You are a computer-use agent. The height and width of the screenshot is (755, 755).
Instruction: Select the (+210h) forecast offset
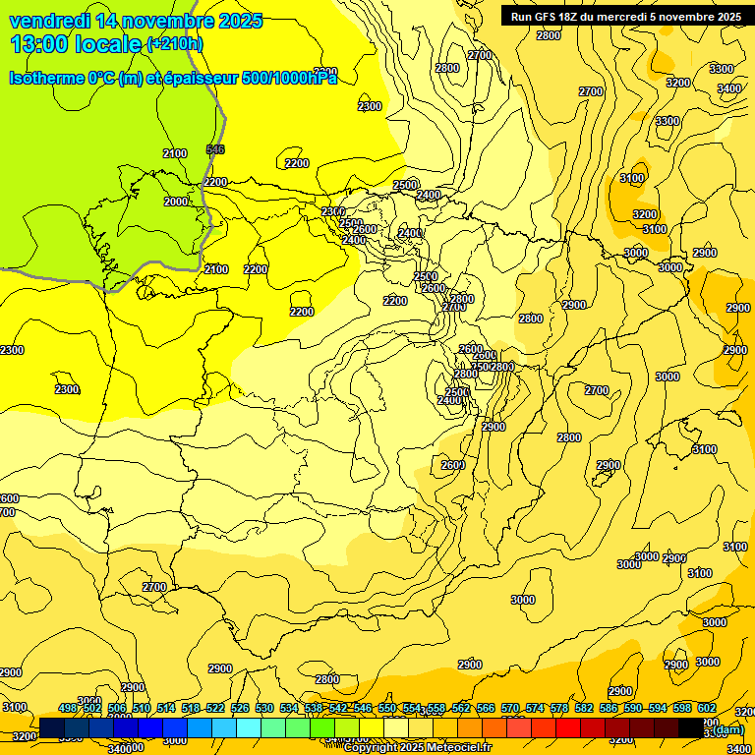pos(174,44)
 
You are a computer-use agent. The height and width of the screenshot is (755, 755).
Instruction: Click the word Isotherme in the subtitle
pos(45,78)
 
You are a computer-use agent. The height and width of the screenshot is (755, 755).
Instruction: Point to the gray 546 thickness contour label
pos(215,149)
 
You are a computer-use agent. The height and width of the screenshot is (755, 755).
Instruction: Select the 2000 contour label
pos(175,202)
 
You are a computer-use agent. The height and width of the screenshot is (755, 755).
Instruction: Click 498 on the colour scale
pos(68,708)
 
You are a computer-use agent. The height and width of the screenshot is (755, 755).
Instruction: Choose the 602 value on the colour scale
pos(707,708)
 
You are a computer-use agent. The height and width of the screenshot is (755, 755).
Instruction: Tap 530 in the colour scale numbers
pos(264,708)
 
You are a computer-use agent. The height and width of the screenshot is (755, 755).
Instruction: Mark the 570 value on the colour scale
pos(510,708)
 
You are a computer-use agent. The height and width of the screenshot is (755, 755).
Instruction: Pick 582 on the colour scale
pos(584,708)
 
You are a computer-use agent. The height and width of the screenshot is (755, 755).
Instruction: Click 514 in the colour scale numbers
pos(166,708)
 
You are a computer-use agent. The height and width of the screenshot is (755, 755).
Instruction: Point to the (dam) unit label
pos(727,729)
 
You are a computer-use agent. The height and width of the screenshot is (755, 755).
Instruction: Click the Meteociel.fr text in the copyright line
pos(458,748)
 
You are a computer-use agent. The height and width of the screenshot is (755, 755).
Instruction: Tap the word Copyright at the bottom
pos(374,748)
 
